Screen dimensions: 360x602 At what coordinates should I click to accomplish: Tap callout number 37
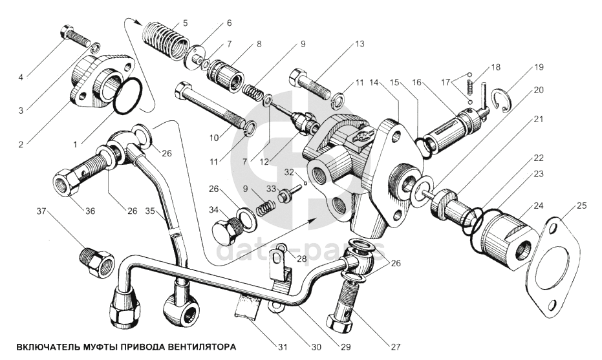click(41, 212)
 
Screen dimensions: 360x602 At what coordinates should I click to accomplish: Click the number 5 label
click(186, 23)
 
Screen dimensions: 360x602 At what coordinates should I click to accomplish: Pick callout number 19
click(538, 67)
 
